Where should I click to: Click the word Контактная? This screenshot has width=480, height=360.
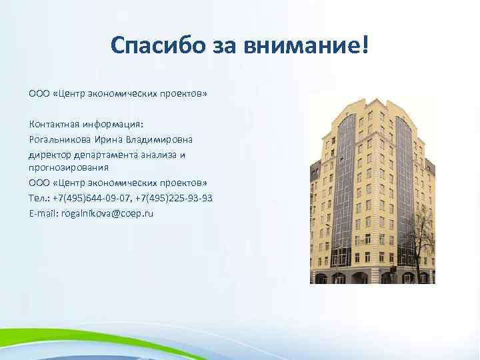55,124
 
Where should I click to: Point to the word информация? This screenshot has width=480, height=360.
114,124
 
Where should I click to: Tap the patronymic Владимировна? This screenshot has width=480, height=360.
160,139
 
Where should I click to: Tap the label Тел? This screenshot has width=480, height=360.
38,199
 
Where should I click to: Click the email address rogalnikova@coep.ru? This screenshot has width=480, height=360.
107,214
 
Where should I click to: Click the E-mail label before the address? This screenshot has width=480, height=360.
43,214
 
